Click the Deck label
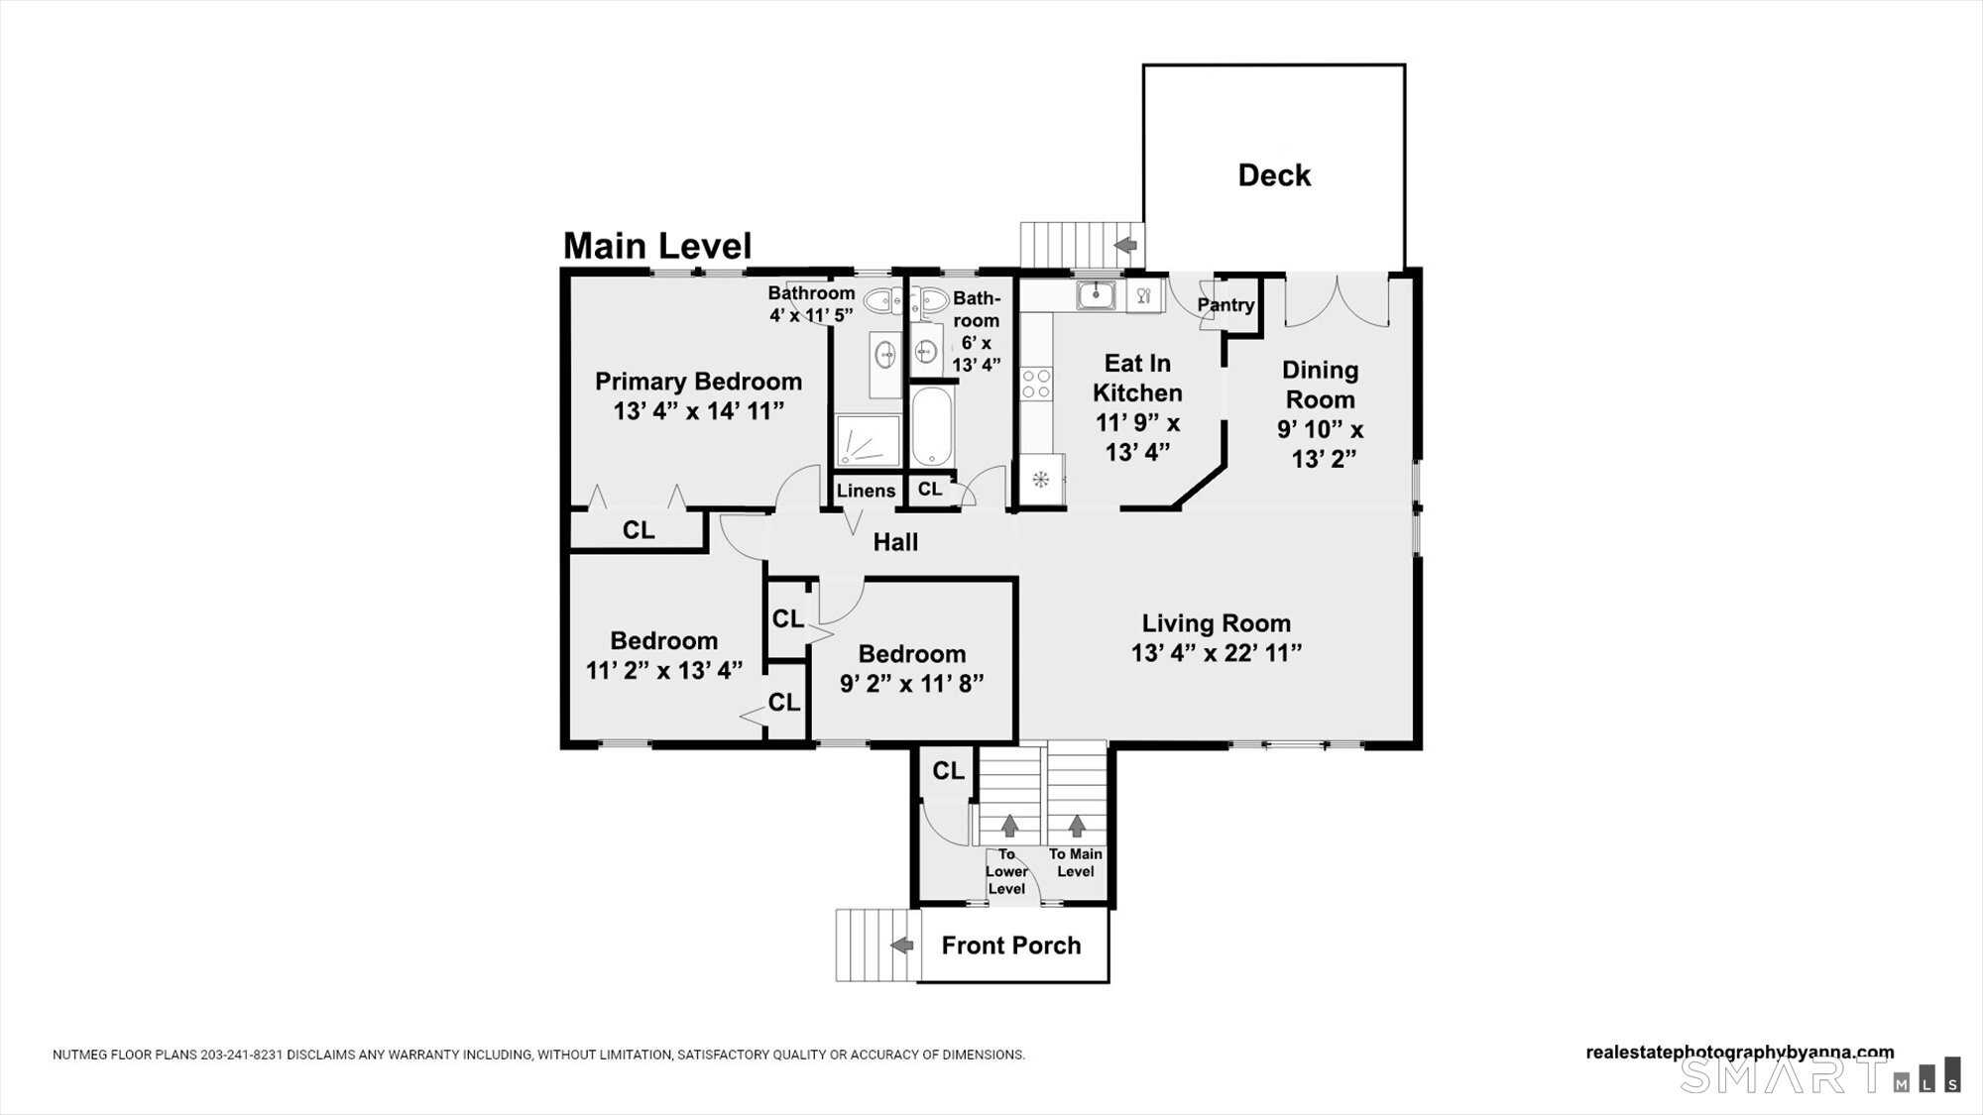1274,175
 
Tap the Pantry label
1225,305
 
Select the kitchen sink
1097,294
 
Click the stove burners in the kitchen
1037,383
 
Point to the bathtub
931,426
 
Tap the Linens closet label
866,491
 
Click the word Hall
895,542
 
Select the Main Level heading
657,246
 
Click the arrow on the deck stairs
1125,244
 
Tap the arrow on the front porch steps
901,946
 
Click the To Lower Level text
1006,871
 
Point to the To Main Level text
1076,862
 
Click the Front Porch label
1011,946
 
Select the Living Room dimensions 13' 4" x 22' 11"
1217,653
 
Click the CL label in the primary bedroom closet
639,530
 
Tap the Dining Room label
1320,385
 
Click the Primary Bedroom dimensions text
699,410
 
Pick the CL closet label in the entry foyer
948,771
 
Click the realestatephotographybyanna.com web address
1740,1053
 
